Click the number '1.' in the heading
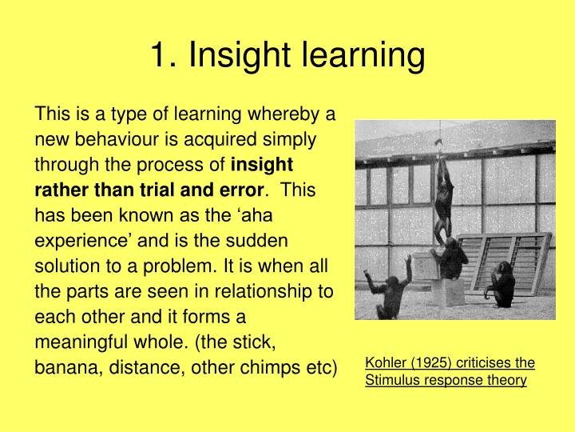165,56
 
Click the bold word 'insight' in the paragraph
262,165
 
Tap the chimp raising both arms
392,288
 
